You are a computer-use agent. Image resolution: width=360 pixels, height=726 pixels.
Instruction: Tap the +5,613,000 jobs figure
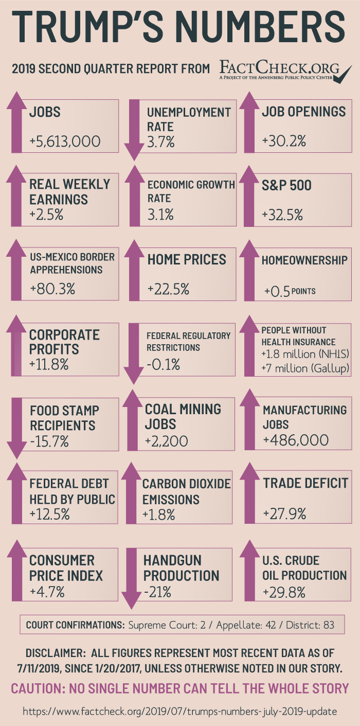(65, 141)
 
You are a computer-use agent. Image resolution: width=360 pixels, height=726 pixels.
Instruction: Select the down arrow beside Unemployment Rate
(134, 130)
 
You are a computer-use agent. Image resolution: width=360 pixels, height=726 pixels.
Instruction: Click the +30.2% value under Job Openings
(284, 141)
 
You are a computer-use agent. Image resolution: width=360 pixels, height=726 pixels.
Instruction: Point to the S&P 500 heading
(286, 185)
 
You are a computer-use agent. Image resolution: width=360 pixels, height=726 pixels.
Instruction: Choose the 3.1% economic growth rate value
(160, 215)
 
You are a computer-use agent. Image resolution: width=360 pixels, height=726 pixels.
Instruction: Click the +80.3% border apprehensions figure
(52, 289)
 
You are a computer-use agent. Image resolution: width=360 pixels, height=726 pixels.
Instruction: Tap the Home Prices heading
(187, 260)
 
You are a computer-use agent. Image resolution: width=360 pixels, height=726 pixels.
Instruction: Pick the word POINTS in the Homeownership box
(303, 291)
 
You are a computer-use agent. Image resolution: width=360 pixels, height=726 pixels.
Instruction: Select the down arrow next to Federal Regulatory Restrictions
(134, 353)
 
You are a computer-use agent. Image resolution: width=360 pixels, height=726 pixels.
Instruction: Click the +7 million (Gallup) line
(305, 368)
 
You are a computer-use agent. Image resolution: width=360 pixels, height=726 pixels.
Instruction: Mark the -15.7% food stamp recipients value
(49, 441)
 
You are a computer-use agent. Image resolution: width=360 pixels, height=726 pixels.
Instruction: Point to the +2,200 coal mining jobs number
(166, 441)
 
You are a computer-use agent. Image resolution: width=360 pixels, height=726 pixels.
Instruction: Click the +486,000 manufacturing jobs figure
(296, 440)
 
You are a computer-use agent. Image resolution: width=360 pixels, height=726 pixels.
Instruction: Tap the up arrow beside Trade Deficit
(249, 492)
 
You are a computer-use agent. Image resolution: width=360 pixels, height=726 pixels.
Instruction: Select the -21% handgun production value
(157, 592)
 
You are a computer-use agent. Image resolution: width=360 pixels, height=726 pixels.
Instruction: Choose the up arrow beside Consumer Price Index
(17, 571)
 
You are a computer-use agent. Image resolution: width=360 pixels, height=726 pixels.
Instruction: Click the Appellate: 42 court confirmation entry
(246, 625)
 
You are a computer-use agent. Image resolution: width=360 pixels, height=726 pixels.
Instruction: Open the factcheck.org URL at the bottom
(180, 712)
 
